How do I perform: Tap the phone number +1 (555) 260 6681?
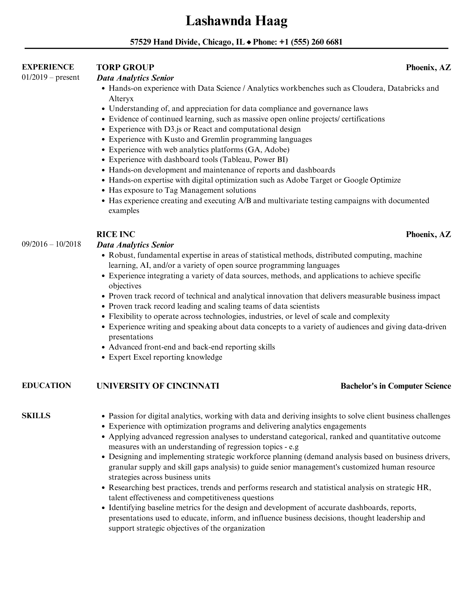tap(311, 42)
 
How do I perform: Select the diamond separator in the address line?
tap(249, 42)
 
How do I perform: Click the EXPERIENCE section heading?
tap(48, 67)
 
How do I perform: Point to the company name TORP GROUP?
tap(125, 67)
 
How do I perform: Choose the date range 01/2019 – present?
tap(50, 77)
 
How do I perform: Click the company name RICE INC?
tap(116, 234)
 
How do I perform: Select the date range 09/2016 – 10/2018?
tap(51, 244)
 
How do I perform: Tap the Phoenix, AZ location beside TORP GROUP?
tap(428, 68)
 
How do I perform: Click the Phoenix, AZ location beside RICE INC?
tap(428, 234)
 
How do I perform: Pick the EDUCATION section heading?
tap(46, 385)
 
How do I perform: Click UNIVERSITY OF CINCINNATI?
tap(158, 386)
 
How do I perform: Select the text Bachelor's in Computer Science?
tap(396, 386)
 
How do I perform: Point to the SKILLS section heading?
tap(36, 416)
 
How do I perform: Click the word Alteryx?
tap(121, 99)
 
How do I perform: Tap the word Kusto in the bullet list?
tap(174, 139)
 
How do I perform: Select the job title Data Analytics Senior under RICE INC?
tap(135, 245)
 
